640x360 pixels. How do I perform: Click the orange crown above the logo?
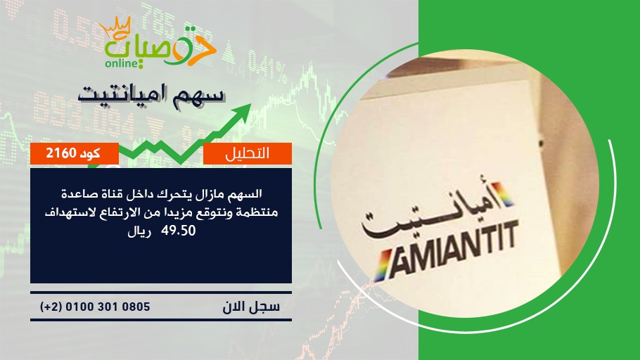point(115,27)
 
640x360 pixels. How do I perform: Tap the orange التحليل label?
point(248,153)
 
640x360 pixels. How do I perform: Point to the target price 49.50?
point(179,231)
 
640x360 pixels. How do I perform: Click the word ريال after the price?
point(139,232)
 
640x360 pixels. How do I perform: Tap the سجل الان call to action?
point(251,307)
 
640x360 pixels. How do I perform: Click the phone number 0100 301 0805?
point(108,307)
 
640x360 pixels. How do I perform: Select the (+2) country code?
point(51,307)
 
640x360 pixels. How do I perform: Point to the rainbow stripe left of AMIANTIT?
point(383,265)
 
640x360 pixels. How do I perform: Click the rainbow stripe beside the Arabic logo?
point(504,193)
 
